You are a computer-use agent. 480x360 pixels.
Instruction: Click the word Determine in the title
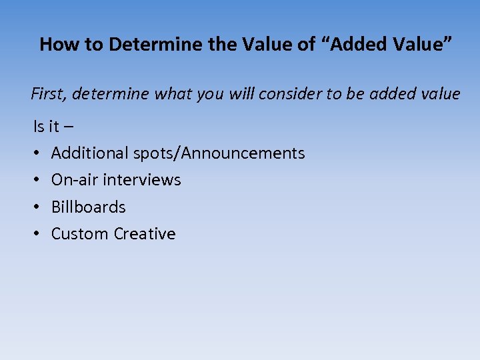147,45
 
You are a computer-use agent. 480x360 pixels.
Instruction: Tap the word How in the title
54,45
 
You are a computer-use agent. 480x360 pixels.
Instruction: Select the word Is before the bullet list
38,126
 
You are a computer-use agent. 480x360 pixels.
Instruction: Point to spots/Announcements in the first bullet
219,153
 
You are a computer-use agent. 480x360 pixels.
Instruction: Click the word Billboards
88,207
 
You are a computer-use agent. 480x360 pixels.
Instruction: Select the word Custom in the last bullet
80,234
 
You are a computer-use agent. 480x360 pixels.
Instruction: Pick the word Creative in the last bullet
145,234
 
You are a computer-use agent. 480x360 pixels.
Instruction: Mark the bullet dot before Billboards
37,207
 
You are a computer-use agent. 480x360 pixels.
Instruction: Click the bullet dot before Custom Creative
37,234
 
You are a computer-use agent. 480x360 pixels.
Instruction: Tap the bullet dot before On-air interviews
37,180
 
